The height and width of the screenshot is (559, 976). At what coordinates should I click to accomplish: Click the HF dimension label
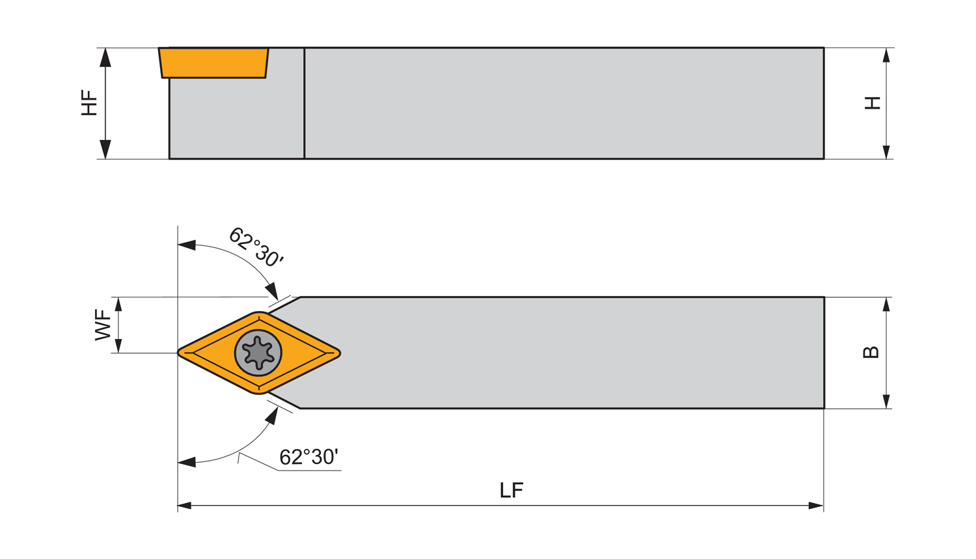(89, 103)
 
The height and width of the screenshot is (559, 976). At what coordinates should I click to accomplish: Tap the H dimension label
(873, 103)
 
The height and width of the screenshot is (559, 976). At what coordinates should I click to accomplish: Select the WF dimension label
(103, 325)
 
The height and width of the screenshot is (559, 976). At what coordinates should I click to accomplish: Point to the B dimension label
(871, 352)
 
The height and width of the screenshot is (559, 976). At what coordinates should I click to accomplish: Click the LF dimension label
(511, 490)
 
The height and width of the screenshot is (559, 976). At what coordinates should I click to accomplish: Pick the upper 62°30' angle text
(256, 247)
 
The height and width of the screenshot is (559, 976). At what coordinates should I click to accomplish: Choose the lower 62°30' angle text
(308, 457)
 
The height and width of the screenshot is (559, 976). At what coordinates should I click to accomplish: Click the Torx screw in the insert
(258, 353)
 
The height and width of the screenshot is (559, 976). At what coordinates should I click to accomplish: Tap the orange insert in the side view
(214, 62)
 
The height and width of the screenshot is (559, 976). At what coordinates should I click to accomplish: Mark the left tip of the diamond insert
(180, 353)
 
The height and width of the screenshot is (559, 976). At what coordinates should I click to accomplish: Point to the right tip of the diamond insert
(338, 353)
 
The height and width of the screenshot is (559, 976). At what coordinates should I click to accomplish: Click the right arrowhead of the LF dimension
(817, 506)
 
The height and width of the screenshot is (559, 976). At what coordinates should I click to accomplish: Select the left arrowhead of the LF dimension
(185, 506)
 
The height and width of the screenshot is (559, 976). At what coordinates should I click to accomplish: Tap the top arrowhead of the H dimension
(886, 55)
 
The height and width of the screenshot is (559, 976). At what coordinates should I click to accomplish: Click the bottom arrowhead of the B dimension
(886, 402)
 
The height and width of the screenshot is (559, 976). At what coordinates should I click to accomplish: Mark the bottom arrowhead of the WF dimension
(118, 346)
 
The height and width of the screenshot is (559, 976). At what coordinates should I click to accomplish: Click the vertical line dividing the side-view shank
(305, 103)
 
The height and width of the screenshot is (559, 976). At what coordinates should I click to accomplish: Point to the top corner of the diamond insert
(260, 314)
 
